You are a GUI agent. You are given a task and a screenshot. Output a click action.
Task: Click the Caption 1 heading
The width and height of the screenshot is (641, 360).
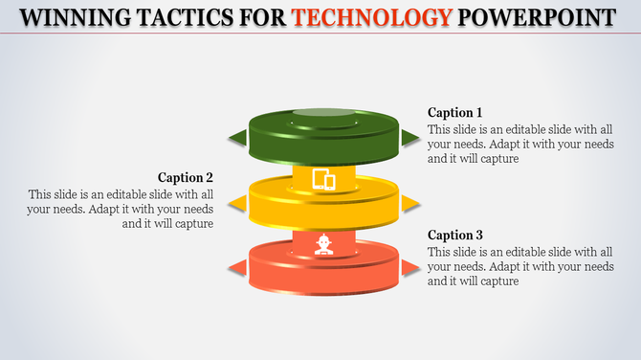point(454,112)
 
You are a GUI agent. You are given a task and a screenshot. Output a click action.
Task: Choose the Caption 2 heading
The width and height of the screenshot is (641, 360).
point(186,177)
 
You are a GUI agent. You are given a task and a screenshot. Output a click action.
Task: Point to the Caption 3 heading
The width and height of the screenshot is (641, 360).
point(454,235)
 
